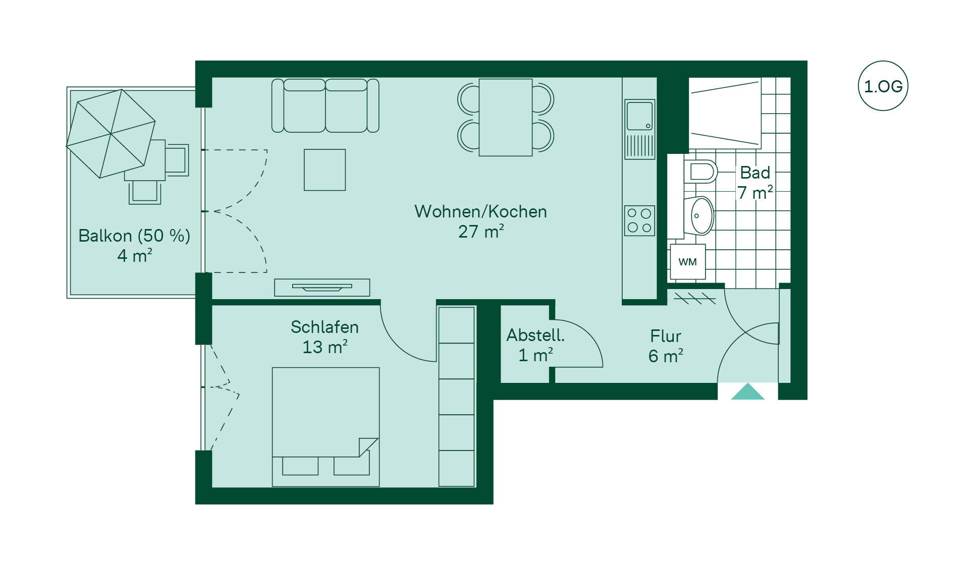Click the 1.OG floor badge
click(883, 86)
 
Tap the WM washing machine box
click(687, 262)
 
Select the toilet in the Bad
click(701, 172)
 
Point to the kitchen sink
click(640, 116)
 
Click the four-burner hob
click(639, 221)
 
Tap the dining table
click(506, 117)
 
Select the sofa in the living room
click(326, 105)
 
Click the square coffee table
click(325, 170)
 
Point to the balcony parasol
click(111, 134)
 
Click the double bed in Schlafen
click(326, 427)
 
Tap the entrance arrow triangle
click(748, 391)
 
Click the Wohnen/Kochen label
click(480, 211)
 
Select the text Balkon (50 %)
click(134, 236)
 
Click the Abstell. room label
click(535, 335)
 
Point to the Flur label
click(666, 336)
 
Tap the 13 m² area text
click(325, 347)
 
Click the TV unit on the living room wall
click(322, 288)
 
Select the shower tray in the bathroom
click(725, 113)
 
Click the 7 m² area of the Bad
click(755, 192)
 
